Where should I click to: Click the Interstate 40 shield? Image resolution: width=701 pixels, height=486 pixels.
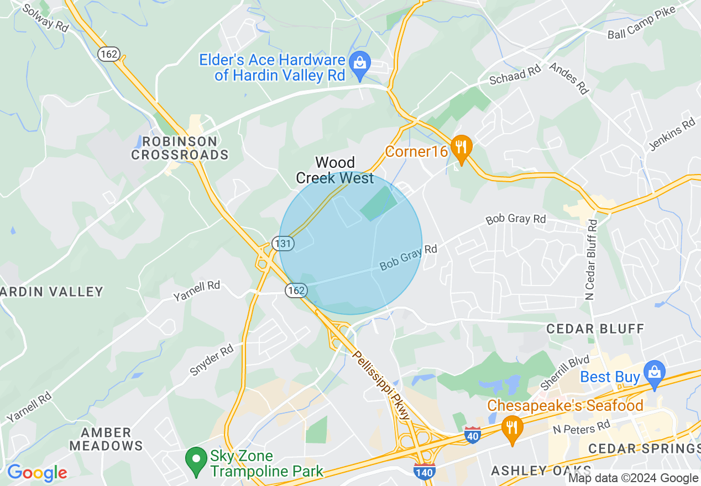coord(472,435)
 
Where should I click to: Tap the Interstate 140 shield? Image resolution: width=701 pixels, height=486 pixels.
coord(424,471)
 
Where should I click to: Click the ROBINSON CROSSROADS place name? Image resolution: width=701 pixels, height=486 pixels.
coord(180,148)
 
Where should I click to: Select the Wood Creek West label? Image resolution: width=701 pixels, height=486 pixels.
coord(335,170)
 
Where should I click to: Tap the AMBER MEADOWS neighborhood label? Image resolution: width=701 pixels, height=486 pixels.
coord(107,439)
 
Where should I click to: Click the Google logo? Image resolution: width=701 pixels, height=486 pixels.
coord(37,473)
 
